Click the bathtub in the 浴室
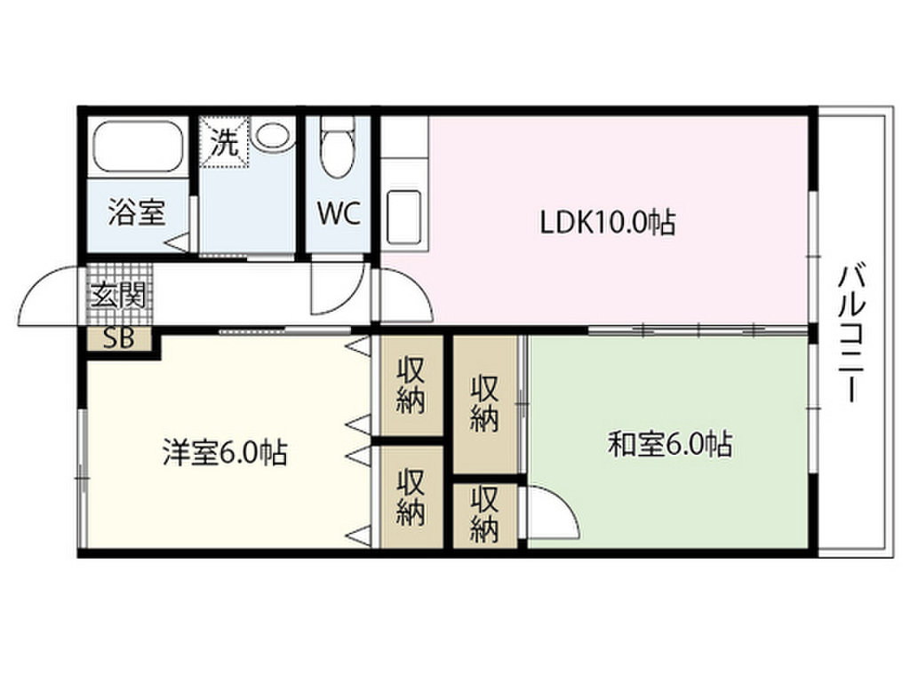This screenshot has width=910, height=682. click(x=138, y=147)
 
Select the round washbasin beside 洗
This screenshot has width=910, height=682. click(x=272, y=136)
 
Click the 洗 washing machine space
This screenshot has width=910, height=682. click(x=224, y=142)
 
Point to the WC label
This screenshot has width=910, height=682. click(x=339, y=213)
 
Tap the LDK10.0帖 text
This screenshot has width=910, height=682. click(x=608, y=222)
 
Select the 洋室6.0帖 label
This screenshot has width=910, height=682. click(x=225, y=452)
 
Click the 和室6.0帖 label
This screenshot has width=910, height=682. click(x=670, y=445)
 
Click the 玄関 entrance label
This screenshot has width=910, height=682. click(x=118, y=297)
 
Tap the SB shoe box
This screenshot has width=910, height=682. click(x=119, y=339)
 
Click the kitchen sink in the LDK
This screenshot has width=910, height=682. click(x=403, y=217)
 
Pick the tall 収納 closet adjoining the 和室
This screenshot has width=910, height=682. click(x=485, y=404)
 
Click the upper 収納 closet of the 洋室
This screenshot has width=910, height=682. click(x=411, y=385)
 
